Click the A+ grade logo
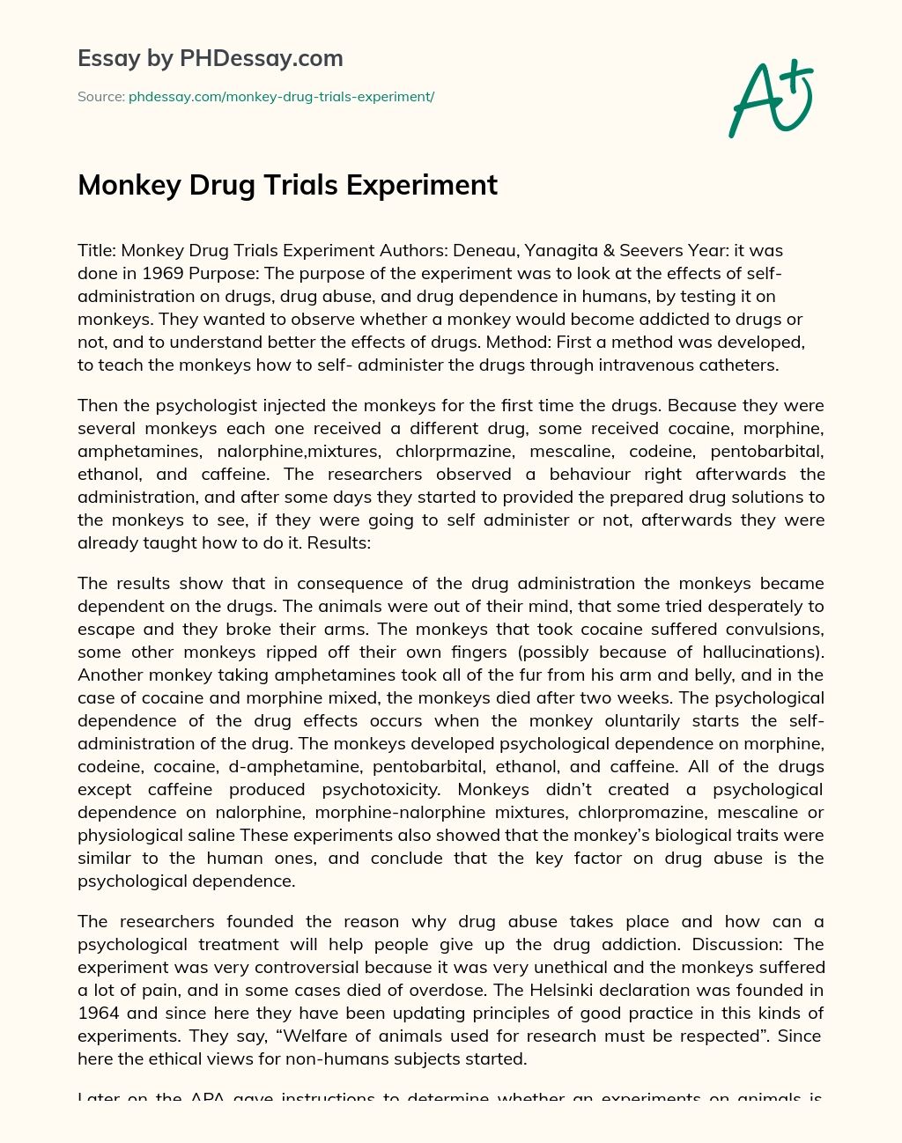coord(770,99)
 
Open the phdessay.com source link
coord(281,97)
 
